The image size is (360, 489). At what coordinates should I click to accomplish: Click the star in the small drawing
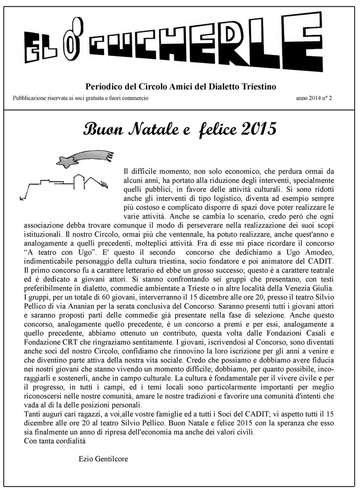click(x=69, y=160)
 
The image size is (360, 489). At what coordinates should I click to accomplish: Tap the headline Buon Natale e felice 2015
click(x=180, y=129)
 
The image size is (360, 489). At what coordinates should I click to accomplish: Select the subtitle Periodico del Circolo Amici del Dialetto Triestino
click(x=181, y=86)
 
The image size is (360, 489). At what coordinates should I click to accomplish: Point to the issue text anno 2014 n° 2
click(x=317, y=98)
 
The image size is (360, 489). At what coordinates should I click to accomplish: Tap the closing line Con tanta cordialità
click(x=55, y=441)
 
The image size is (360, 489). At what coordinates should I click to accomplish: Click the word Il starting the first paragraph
click(x=127, y=171)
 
